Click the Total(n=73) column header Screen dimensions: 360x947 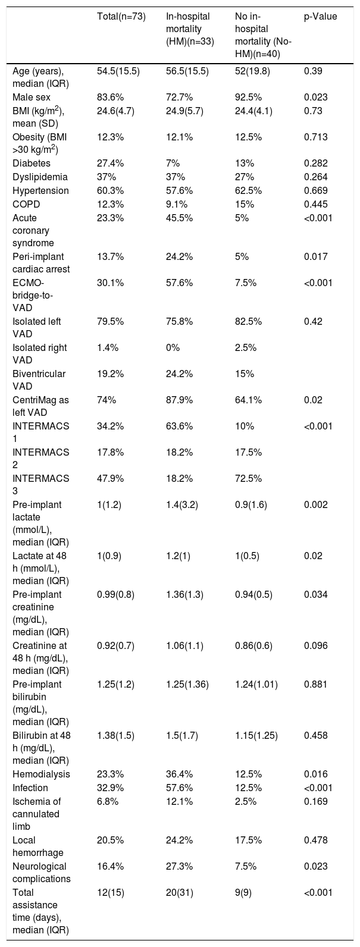pyautogui.click(x=121, y=17)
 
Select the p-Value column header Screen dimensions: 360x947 pyautogui.click(x=321, y=17)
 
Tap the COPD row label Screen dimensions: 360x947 pyautogui.click(x=26, y=204)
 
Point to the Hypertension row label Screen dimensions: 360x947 pyautogui.click(x=40, y=191)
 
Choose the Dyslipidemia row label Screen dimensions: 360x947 pyautogui.click(x=40, y=177)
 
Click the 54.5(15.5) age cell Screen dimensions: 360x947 pyautogui.click(x=118, y=71)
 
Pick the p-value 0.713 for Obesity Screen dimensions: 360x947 pyautogui.click(x=316, y=137)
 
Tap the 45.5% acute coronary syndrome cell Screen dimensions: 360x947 pyautogui.click(x=179, y=218)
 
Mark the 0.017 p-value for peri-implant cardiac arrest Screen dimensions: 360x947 pyautogui.click(x=316, y=256)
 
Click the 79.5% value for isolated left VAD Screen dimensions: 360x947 pyautogui.click(x=111, y=321)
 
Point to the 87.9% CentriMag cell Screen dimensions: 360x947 pyautogui.click(x=179, y=400)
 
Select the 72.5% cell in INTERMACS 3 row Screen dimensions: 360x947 pyautogui.click(x=248, y=479)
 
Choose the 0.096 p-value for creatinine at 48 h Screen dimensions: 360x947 pyautogui.click(x=316, y=645)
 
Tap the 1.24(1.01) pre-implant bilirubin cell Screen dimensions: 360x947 pyautogui.click(x=256, y=685)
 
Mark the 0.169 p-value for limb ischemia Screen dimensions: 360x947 pyautogui.click(x=316, y=801)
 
